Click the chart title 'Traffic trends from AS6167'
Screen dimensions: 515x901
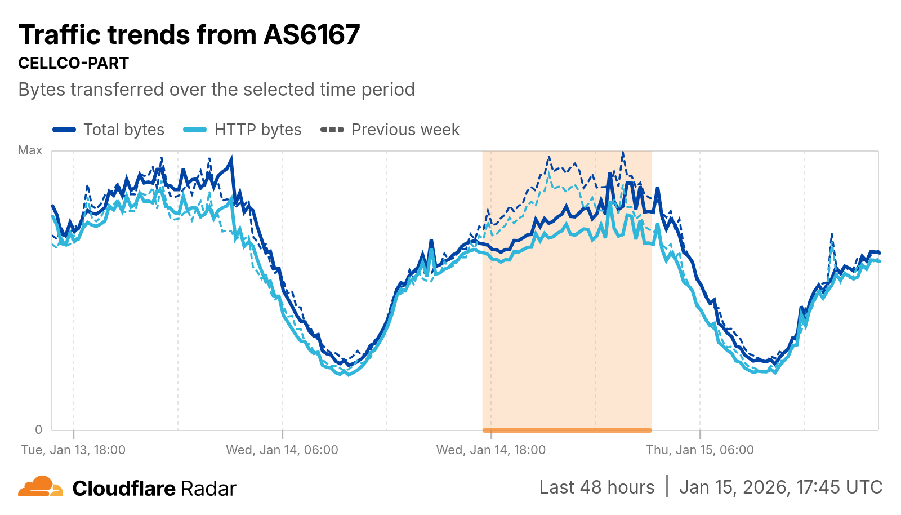189,35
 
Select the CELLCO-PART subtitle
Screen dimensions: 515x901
74,63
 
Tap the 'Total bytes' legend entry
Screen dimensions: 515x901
123,130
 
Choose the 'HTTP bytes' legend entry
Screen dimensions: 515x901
257,130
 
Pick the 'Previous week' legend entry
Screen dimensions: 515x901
405,130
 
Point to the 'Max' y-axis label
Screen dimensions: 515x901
30,150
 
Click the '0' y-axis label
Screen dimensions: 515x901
38,429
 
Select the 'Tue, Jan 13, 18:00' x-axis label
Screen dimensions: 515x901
73,450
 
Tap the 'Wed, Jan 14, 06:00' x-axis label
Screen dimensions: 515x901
282,450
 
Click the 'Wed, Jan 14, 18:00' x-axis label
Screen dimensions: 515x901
491,450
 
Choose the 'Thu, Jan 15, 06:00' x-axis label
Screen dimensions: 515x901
700,450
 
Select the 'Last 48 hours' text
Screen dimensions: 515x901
597,487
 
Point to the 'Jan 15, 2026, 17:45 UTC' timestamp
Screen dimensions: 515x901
780,487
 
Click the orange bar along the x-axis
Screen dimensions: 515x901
567,430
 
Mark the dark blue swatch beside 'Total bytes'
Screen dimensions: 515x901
64,130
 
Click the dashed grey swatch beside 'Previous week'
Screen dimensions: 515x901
332,130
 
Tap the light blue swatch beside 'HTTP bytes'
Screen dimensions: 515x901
195,130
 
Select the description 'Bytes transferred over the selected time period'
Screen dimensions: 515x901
217,90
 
